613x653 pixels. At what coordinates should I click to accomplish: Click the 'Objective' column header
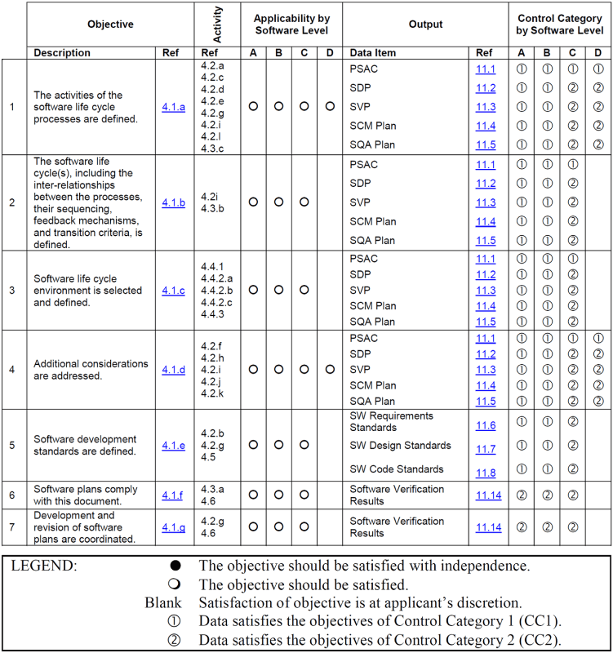(x=110, y=24)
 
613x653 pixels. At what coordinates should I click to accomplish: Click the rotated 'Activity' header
(x=217, y=24)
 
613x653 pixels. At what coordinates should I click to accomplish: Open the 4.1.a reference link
(x=173, y=106)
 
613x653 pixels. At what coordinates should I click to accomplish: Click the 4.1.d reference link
(x=173, y=370)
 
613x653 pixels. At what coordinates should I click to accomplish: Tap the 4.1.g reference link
(x=173, y=527)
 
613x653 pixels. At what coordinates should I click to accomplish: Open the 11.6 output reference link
(x=486, y=426)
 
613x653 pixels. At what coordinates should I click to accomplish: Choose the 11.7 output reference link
(x=486, y=449)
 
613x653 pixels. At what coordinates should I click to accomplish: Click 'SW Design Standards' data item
(x=400, y=446)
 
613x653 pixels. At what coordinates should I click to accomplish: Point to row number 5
(x=11, y=445)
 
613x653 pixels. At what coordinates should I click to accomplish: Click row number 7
(x=11, y=527)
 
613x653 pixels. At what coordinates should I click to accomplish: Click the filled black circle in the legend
(x=175, y=566)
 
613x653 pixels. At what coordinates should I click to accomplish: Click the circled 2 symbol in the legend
(x=175, y=639)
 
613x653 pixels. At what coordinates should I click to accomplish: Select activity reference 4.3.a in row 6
(x=212, y=489)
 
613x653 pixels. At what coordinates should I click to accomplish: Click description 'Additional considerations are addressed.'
(x=91, y=370)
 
